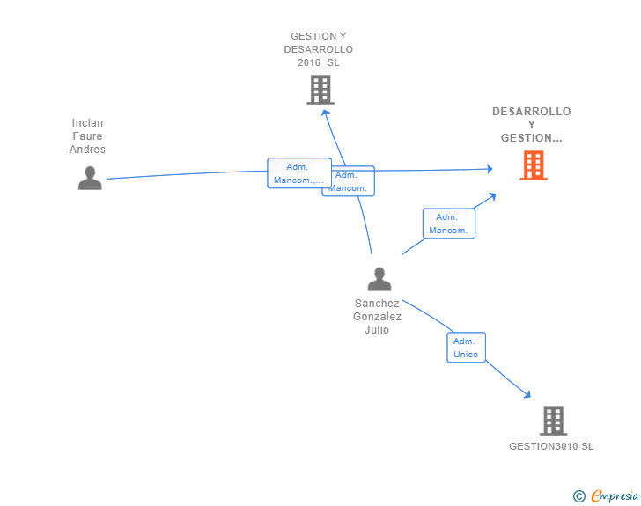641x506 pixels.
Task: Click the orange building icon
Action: click(x=533, y=165)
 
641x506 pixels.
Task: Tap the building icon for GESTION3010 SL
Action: click(x=552, y=421)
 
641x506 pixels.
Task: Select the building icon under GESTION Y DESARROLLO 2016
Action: click(x=320, y=90)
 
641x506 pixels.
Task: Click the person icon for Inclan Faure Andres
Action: click(x=90, y=178)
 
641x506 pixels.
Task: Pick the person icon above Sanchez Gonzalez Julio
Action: click(x=379, y=279)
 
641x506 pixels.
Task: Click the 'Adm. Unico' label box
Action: click(x=466, y=348)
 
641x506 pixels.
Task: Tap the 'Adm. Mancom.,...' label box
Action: click(x=298, y=173)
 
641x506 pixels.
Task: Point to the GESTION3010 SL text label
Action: click(x=551, y=446)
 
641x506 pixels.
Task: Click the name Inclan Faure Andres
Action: click(x=87, y=136)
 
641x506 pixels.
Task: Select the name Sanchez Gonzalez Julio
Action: click(x=377, y=317)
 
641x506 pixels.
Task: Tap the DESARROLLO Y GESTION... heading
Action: click(x=531, y=125)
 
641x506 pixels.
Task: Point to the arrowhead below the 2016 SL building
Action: click(x=325, y=111)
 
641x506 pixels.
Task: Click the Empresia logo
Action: click(x=615, y=496)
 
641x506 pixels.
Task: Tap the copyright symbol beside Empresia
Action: click(x=578, y=497)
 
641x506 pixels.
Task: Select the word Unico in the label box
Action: click(x=466, y=355)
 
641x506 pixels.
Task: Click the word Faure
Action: click(x=87, y=136)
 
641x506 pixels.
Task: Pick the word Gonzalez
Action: click(x=377, y=317)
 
